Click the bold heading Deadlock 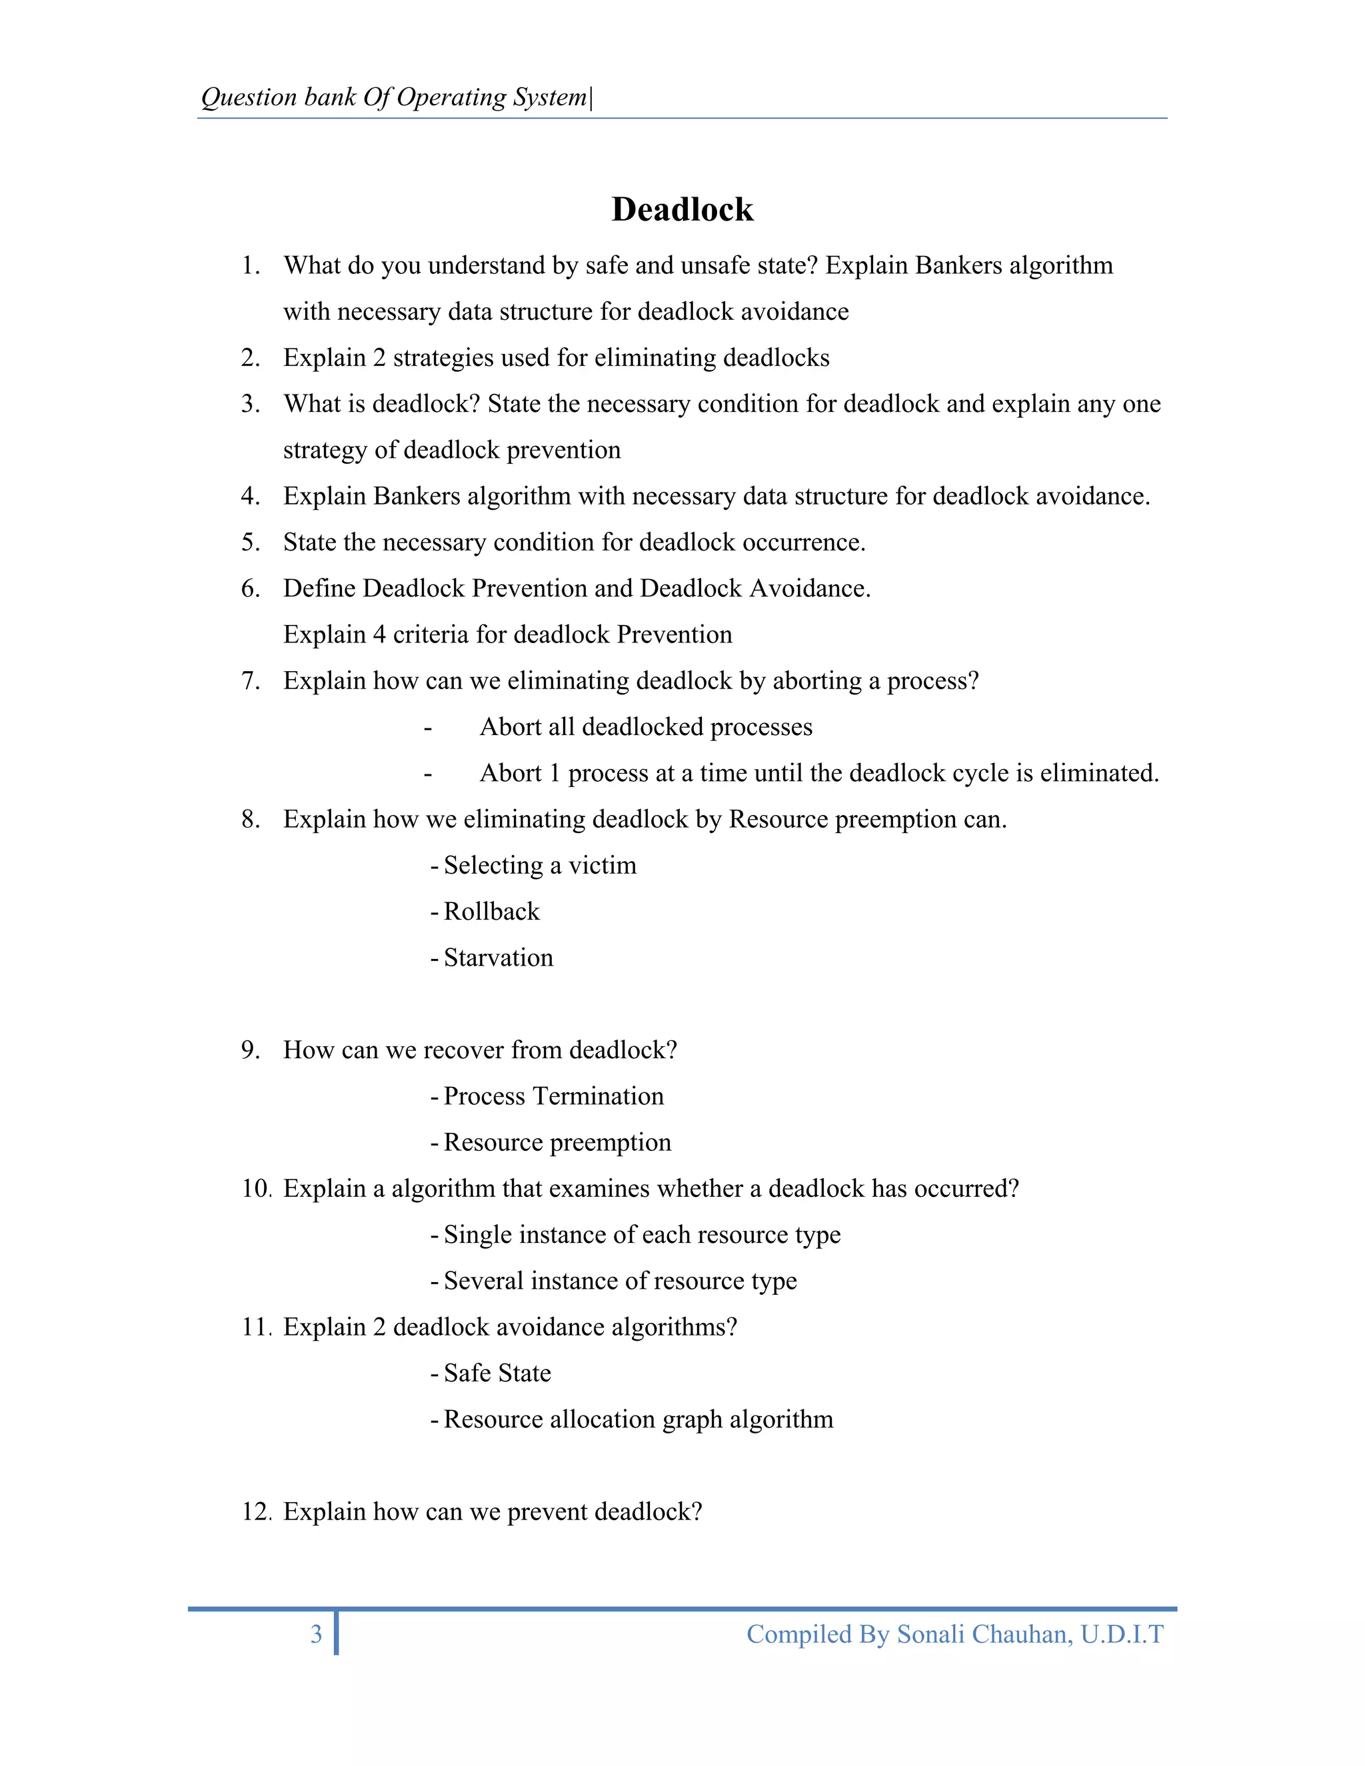[x=682, y=209]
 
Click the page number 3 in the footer [x=316, y=1634]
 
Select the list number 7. [x=250, y=681]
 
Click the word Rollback [x=491, y=911]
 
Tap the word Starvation [x=498, y=958]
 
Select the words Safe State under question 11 [x=497, y=1373]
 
